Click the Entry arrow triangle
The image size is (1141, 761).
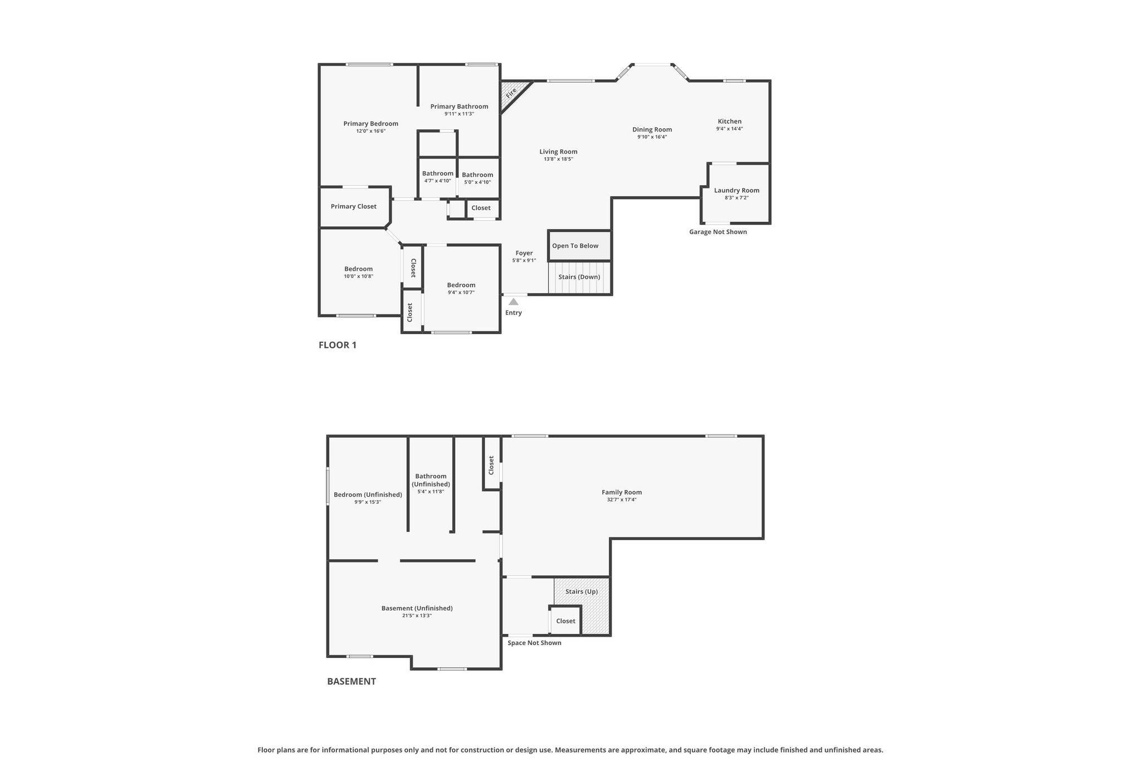click(514, 302)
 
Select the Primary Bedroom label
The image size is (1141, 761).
click(370, 124)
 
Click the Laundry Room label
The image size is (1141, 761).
click(737, 191)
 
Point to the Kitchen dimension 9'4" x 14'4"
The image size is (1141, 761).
click(729, 129)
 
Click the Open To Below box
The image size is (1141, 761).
click(579, 245)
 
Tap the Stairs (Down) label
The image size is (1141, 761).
click(579, 277)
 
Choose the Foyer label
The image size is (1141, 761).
click(524, 253)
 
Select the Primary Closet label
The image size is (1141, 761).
click(354, 206)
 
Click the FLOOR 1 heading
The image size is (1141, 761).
click(338, 345)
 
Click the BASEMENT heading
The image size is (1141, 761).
click(352, 681)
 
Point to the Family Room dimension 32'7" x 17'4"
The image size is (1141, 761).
click(622, 500)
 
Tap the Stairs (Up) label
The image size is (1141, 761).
click(582, 592)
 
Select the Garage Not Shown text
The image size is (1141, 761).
click(718, 232)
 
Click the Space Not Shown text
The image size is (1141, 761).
click(534, 643)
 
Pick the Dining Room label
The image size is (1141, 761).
click(652, 130)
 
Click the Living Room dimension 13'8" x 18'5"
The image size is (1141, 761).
click(558, 159)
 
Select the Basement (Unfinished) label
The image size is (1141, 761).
click(417, 608)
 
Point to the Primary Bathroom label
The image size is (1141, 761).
click(459, 106)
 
